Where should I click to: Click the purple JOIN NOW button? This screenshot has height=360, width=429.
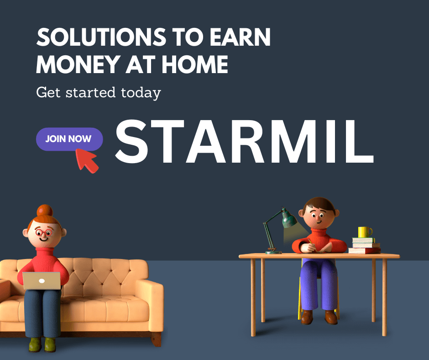click(x=69, y=139)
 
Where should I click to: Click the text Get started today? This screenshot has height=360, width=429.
click(x=98, y=93)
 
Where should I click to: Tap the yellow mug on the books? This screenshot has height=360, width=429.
click(x=365, y=232)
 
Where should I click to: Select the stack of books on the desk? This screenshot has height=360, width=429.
click(x=365, y=245)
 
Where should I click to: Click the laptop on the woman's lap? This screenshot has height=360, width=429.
click(x=42, y=281)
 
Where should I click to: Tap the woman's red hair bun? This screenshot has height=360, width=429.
click(x=45, y=210)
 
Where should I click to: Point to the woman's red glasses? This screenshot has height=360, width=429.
click(x=44, y=233)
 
